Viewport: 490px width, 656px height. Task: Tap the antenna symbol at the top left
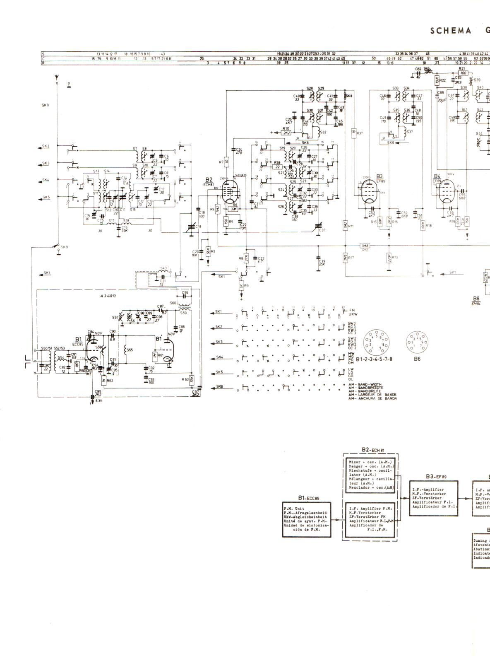pos(57,77)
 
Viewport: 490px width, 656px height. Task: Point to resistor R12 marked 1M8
pos(365,246)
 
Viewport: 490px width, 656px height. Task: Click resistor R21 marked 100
pos(463,73)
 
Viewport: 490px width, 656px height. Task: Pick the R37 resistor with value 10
pos(354,133)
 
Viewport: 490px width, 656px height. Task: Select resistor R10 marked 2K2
pos(286,133)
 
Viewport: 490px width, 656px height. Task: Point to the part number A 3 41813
pos(108,296)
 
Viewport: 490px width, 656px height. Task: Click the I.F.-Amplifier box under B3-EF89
pos(434,498)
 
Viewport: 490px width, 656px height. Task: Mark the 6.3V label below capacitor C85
pos(98,401)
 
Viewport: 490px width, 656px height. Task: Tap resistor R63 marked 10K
pos(192,379)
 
